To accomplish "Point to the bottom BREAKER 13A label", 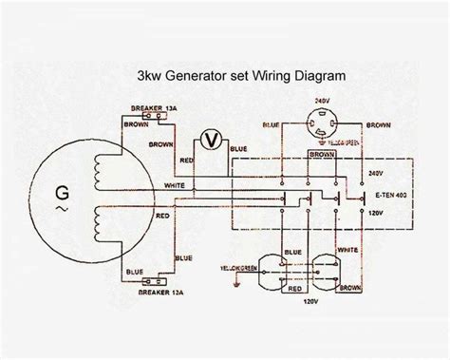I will point(155,289).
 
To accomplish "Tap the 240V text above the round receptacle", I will point(325,99).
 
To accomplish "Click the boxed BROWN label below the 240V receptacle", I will point(325,152).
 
